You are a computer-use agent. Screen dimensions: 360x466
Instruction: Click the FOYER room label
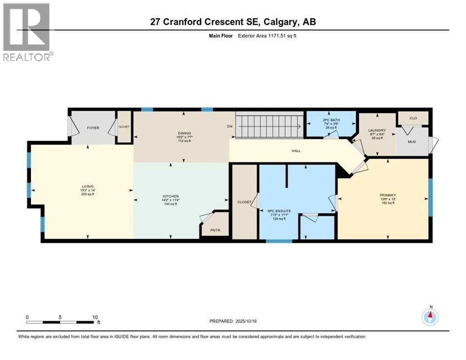pos(93,127)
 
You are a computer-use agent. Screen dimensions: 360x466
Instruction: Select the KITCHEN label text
pos(171,196)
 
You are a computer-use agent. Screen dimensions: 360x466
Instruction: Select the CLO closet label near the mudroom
pos(413,118)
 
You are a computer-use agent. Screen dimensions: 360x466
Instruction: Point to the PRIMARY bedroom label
pos(388,195)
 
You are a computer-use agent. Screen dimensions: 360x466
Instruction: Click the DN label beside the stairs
pos(230,126)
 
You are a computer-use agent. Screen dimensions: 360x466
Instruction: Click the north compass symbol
pos(430,317)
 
